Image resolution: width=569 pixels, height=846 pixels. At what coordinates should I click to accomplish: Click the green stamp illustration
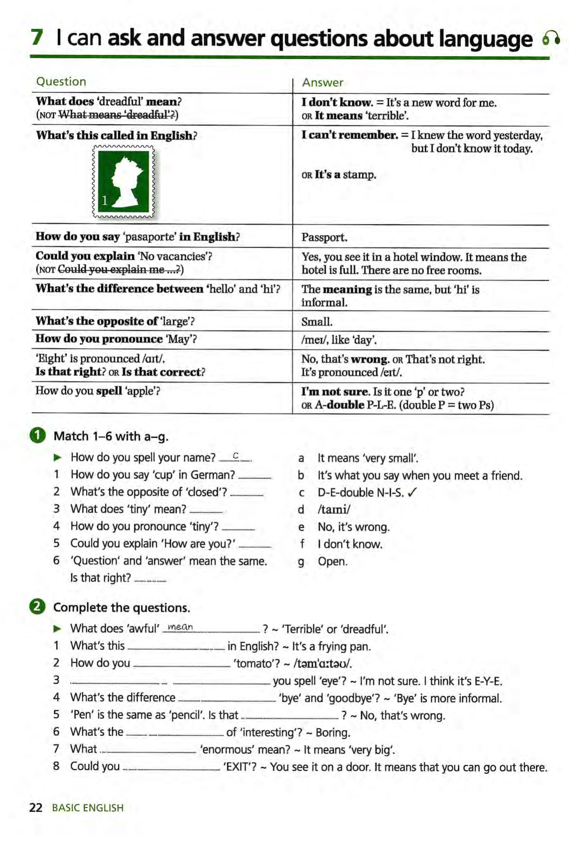point(123,181)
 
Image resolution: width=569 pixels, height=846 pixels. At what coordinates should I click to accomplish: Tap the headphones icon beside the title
point(551,39)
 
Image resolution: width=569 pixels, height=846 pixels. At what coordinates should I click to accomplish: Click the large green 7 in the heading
point(37,38)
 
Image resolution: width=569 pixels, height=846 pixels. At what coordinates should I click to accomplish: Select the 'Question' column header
point(61,82)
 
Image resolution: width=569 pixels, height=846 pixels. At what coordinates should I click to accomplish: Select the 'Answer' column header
point(322,83)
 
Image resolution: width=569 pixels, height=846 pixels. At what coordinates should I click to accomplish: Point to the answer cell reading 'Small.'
point(316,322)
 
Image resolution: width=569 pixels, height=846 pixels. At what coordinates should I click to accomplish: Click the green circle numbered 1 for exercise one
point(38,436)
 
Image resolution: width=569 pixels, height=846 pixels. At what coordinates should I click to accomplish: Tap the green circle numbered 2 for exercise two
point(38,607)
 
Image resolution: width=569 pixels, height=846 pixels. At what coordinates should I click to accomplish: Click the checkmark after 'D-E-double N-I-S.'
point(412,492)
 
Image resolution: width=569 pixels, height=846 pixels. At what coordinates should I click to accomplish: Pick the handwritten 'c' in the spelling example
point(236,456)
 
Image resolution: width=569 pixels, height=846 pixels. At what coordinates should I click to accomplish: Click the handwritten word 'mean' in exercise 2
point(180,627)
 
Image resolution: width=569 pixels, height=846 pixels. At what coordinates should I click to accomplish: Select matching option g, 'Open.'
point(332,562)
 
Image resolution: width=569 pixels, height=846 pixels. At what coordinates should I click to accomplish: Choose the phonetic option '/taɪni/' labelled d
point(333,510)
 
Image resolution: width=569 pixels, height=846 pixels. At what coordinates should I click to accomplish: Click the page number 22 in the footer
point(35,808)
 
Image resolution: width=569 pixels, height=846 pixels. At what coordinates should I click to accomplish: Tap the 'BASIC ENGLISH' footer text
point(87,808)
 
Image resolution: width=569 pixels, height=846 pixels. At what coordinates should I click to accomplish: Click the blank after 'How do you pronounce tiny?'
point(238,528)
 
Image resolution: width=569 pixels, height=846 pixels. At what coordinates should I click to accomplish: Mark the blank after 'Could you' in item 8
point(171,768)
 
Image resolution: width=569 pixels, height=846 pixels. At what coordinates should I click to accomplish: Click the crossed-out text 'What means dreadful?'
point(117,115)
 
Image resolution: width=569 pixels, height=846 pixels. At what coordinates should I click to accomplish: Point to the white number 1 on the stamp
point(105,200)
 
